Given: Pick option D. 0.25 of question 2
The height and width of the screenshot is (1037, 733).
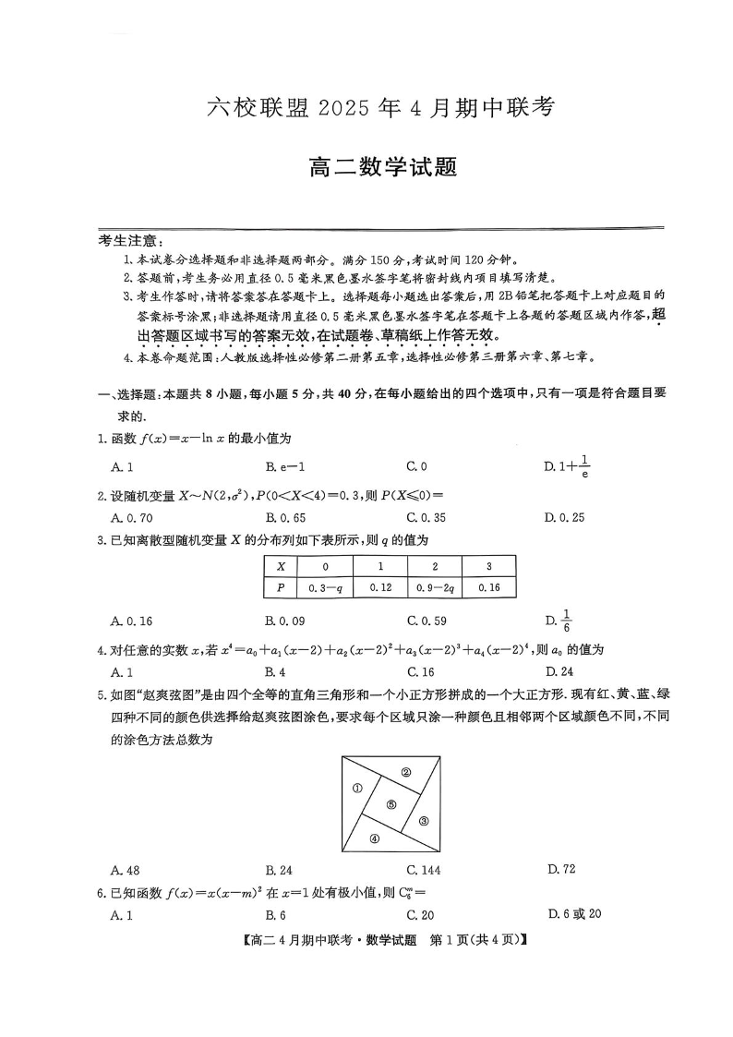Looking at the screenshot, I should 564,518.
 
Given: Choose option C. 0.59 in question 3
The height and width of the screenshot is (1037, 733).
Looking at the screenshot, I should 427,621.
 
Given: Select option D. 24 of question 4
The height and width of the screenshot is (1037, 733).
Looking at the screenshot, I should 559,672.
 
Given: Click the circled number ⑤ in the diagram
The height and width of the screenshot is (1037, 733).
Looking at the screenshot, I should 391,804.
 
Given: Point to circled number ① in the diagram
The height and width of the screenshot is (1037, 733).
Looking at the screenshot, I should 356,788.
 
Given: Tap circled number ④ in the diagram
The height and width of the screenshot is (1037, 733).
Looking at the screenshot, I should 374,838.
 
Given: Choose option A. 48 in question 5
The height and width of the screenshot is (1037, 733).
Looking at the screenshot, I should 125,870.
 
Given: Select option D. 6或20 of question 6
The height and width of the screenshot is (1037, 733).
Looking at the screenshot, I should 573,914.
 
